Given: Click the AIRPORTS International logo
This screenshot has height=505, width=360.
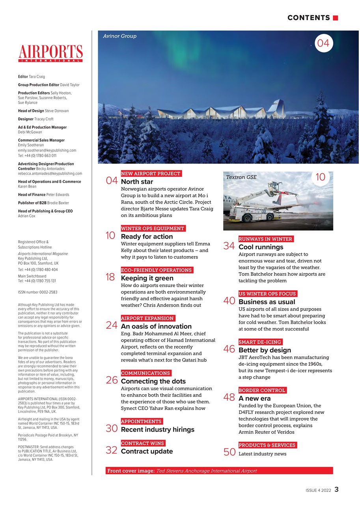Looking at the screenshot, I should (50, 53).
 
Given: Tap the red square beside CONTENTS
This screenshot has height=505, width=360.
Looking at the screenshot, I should (336, 18).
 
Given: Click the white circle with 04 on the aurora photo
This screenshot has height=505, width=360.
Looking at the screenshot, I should (323, 43).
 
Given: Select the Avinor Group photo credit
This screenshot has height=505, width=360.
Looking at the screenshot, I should (119, 36).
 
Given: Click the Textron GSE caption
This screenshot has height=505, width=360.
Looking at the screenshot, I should (241, 177).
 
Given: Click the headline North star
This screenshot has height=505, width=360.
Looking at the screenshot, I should (137, 182).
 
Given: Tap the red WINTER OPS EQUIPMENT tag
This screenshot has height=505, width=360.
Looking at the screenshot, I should (153, 228).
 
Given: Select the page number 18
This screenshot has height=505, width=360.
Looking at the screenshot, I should (110, 277).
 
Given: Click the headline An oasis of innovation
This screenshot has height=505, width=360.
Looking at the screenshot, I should (156, 326).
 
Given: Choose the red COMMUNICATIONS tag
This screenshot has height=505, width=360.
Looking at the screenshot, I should (145, 373).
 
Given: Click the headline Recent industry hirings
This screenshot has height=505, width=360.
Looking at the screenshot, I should (157, 429).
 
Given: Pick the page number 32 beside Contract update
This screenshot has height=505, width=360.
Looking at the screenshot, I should (112, 450).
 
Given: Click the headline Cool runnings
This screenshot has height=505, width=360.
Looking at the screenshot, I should (261, 247).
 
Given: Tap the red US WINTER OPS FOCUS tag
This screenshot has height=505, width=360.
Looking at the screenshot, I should (267, 294).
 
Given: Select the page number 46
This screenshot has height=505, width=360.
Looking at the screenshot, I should (229, 349).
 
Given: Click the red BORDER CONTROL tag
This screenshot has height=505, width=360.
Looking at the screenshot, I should (262, 390).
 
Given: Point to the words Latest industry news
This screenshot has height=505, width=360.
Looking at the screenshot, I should (263, 454).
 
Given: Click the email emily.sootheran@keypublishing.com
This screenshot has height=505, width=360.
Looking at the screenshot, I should (47, 150).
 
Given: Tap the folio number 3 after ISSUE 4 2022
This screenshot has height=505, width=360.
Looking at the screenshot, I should (336, 490).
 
